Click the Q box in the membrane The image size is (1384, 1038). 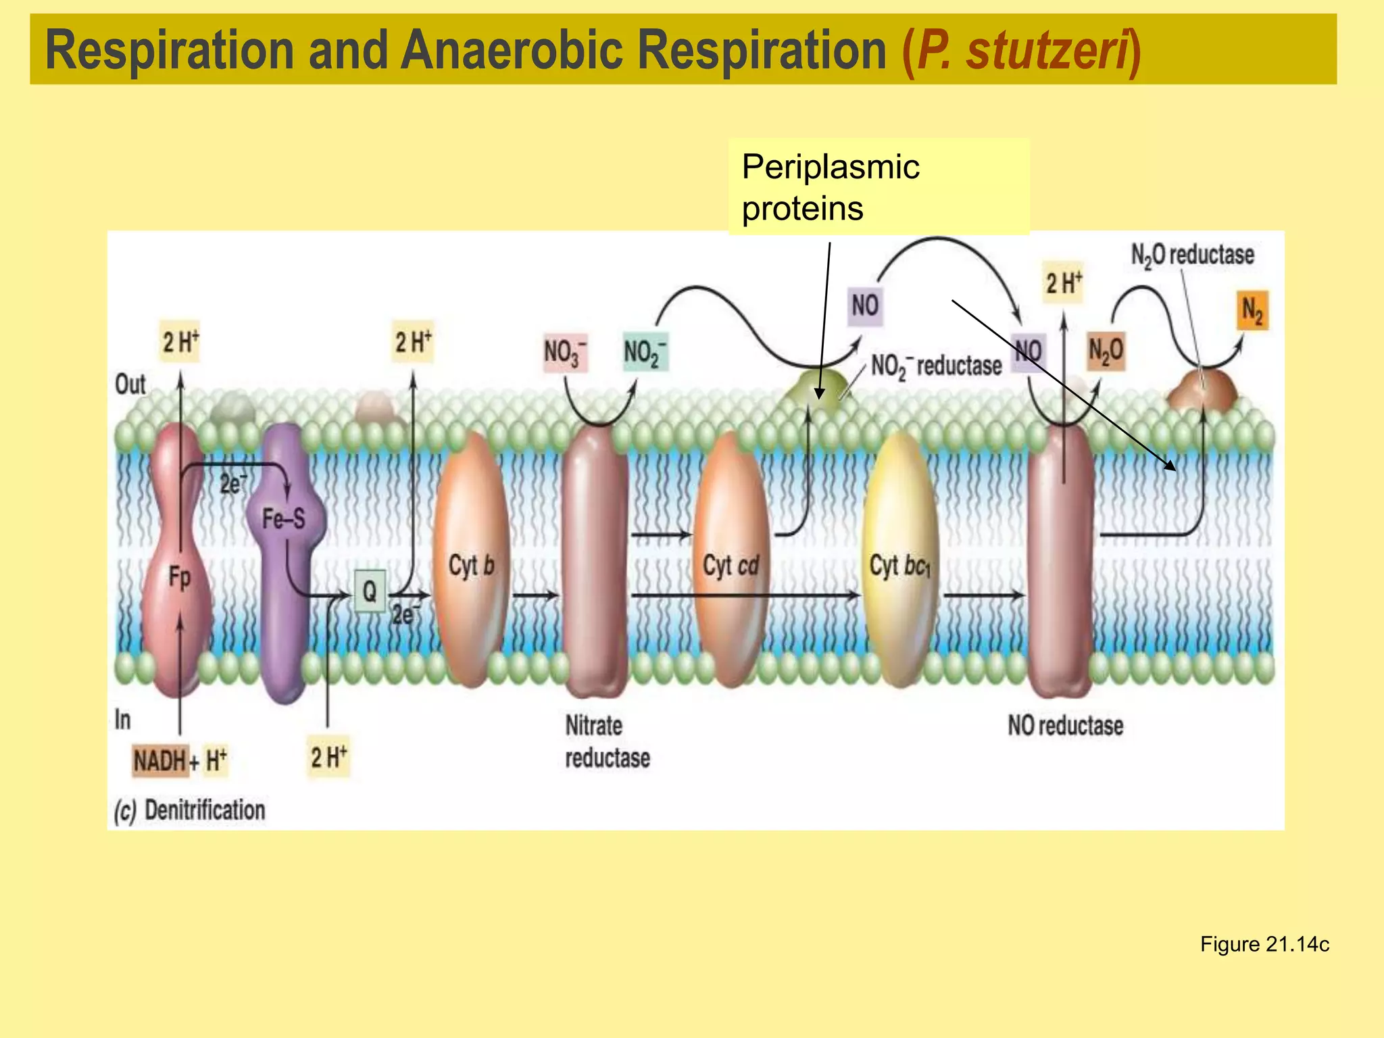point(370,591)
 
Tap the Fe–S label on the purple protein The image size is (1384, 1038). point(284,519)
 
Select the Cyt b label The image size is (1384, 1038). point(471,566)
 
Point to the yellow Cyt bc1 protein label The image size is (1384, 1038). point(899,566)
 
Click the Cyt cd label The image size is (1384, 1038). point(731,566)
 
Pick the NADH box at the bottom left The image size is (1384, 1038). point(159,760)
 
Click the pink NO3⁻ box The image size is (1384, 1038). point(565,352)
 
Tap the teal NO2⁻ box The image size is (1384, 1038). point(645,352)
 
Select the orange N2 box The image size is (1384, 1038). point(1252,311)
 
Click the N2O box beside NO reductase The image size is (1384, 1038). point(1106,351)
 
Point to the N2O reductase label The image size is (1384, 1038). point(1192,255)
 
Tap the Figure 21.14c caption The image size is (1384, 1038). point(1264,944)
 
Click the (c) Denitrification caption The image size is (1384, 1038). point(190,810)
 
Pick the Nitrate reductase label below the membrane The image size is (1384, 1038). point(607,741)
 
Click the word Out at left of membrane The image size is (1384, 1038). point(130,384)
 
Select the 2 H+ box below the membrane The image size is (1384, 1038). point(328,756)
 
